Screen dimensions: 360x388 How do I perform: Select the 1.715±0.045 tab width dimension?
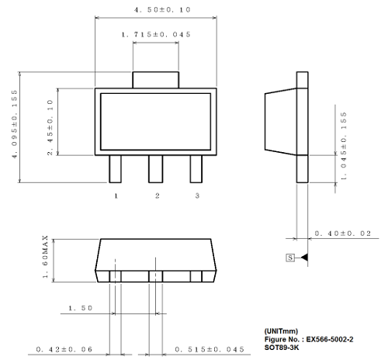pyautogui.click(x=156, y=35)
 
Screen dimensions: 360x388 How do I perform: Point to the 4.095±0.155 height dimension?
pyautogui.click(x=14, y=128)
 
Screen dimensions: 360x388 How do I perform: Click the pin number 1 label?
pyautogui.click(x=116, y=196)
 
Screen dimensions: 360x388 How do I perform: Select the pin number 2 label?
pyautogui.click(x=156, y=196)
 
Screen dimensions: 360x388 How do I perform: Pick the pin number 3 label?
pyautogui.click(x=197, y=196)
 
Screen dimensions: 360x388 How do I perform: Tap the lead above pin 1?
pyautogui.click(x=116, y=168)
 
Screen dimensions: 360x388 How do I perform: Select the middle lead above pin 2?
pyautogui.click(x=156, y=168)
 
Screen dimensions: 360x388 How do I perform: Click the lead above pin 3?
pyautogui.click(x=196, y=168)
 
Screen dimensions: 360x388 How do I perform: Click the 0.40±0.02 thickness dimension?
pyautogui.click(x=343, y=233)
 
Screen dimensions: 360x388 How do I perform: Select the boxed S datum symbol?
pyautogui.click(x=290, y=257)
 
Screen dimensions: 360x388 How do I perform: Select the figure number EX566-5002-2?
pyautogui.click(x=331, y=339)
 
